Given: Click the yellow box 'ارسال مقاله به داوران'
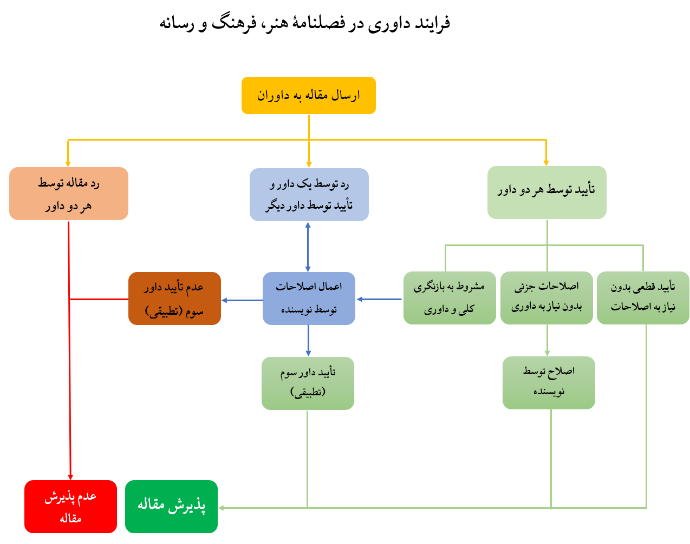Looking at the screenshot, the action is click(x=309, y=95).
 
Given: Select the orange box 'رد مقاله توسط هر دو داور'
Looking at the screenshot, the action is click(x=69, y=194).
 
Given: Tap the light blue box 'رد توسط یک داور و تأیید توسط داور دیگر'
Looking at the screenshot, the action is click(x=309, y=195).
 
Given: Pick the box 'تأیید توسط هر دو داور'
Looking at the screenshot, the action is click(x=546, y=193).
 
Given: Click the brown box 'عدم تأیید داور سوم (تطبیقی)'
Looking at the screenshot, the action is click(x=174, y=298).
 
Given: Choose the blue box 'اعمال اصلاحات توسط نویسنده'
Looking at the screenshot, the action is click(x=309, y=298).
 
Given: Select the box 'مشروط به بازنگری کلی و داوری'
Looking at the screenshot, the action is click(x=450, y=298).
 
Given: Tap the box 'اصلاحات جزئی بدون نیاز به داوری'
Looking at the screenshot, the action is click(x=546, y=298).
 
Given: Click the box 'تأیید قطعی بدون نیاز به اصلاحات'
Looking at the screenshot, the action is click(x=643, y=298).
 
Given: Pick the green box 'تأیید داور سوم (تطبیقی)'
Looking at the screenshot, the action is click(x=308, y=383).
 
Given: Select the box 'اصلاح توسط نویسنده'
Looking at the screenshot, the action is click(x=549, y=383).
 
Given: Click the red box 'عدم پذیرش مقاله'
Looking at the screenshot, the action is click(x=70, y=507).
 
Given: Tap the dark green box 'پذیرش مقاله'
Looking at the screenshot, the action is click(x=171, y=507).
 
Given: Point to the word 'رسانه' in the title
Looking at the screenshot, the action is click(x=177, y=24).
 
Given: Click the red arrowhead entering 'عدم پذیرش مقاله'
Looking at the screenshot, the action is click(x=70, y=477).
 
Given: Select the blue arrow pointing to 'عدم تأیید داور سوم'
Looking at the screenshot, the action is click(x=242, y=300).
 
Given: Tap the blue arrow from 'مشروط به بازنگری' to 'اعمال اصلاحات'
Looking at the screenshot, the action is click(x=379, y=299).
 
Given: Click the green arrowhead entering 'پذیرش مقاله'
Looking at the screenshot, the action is click(x=221, y=508).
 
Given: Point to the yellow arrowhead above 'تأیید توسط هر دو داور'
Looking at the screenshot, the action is click(x=546, y=163).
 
